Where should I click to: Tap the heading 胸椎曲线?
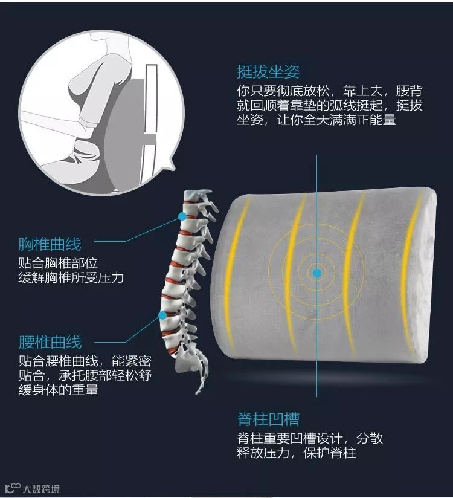click(x=50, y=245)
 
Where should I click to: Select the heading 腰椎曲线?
click(x=50, y=343)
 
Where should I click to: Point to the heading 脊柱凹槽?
click(x=268, y=419)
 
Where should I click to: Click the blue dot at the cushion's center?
click(x=316, y=273)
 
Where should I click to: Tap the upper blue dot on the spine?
click(x=182, y=215)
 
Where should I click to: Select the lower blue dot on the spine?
click(x=162, y=315)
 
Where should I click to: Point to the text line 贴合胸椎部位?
click(x=58, y=264)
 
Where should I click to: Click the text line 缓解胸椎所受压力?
click(x=71, y=278)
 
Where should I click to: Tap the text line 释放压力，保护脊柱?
click(x=296, y=453)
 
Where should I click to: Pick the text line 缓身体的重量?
click(x=58, y=390)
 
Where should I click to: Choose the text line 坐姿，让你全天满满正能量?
click(x=316, y=120)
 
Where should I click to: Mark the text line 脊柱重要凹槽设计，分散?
click(x=310, y=438)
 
